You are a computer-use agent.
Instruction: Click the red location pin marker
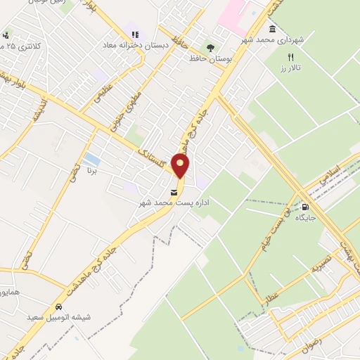(x=181, y=166)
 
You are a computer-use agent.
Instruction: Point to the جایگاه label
(x=305, y=218)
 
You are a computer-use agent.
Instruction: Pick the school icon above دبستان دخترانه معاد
(x=134, y=33)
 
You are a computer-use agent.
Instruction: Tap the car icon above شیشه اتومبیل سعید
(x=59, y=307)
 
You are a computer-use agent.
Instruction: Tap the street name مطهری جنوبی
(x=127, y=110)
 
